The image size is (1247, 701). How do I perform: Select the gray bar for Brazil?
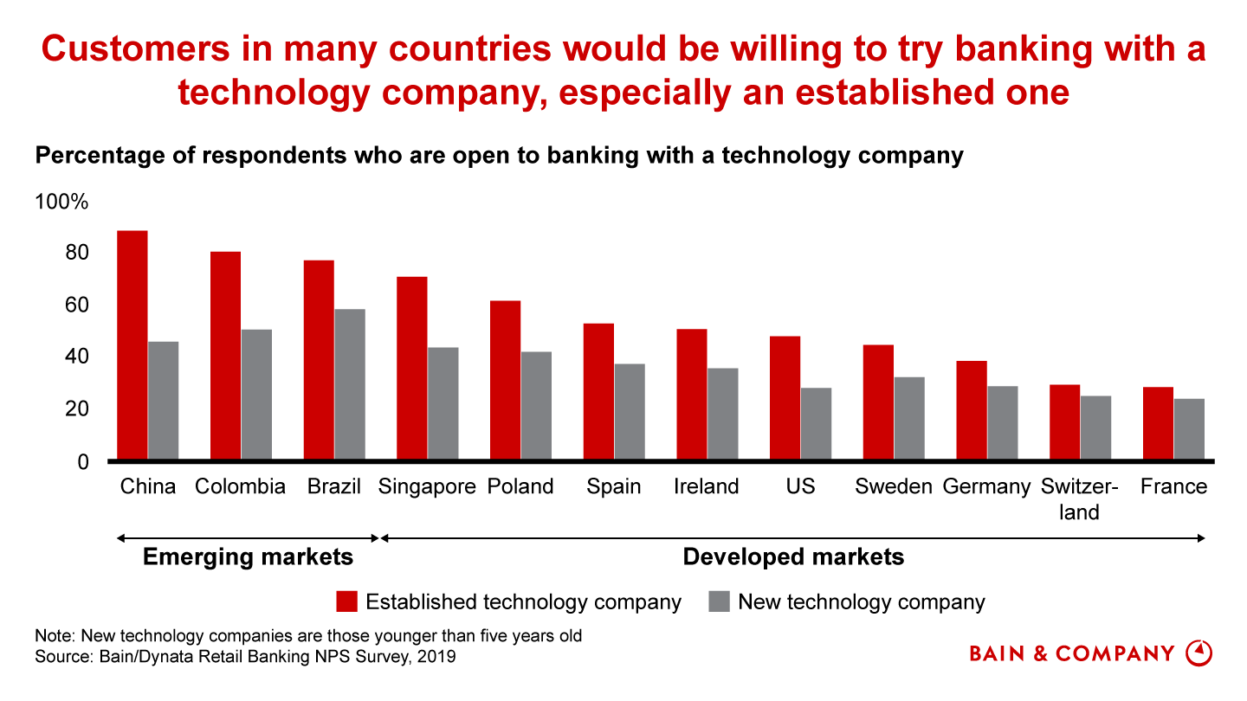(350, 384)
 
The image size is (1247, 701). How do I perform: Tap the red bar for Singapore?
(411, 368)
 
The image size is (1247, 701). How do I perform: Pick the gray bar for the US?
(816, 423)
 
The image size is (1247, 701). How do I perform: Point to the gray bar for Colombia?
(256, 394)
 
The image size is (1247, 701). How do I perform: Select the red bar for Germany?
(972, 410)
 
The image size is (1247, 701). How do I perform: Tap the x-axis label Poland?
(520, 487)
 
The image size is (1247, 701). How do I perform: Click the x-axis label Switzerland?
(1079, 499)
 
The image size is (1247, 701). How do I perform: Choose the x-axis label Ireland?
(706, 487)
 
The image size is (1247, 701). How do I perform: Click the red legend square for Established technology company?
(347, 602)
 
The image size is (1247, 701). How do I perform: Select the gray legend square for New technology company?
(719, 602)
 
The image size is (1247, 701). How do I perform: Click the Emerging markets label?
(248, 556)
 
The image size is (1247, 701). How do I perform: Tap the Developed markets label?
(793, 556)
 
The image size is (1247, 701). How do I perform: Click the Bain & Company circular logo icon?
(1199, 653)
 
